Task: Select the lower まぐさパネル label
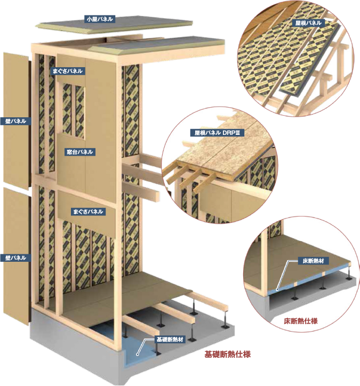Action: (x=87, y=212)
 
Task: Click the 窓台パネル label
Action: (x=80, y=152)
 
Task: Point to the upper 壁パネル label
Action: (x=15, y=121)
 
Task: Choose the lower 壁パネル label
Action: (x=15, y=258)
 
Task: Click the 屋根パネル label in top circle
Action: (x=309, y=23)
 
